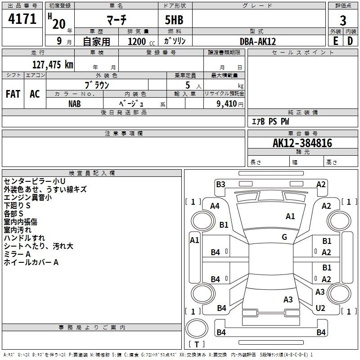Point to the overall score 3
pyautogui.click(x=343, y=20)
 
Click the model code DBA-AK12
pyautogui.click(x=258, y=41)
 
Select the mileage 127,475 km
pyautogui.click(x=53, y=64)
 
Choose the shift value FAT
pyautogui.click(x=13, y=94)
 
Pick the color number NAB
pyautogui.click(x=75, y=103)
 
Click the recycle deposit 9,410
pyautogui.click(x=226, y=103)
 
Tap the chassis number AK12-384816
pyautogui.click(x=302, y=143)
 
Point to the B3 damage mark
pyautogui.click(x=220, y=184)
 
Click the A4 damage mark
pyautogui.click(x=215, y=206)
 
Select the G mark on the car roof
pyautogui.click(x=284, y=237)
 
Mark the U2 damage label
pyautogui.click(x=320, y=308)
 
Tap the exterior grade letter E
pyautogui.click(x=335, y=41)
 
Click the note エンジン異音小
pyautogui.click(x=27, y=198)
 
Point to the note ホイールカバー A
pyautogui.click(x=31, y=262)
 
